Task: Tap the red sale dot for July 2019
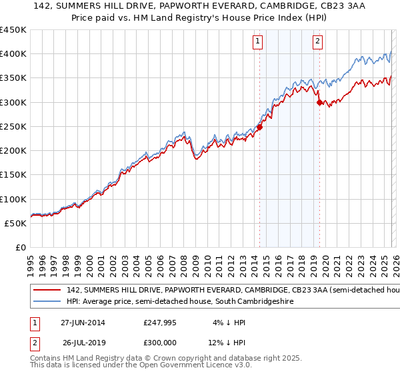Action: click(320, 102)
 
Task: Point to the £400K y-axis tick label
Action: click(13, 54)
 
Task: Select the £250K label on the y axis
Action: click(13, 126)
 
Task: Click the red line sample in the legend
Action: click(47, 291)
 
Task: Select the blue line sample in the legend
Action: click(47, 302)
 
